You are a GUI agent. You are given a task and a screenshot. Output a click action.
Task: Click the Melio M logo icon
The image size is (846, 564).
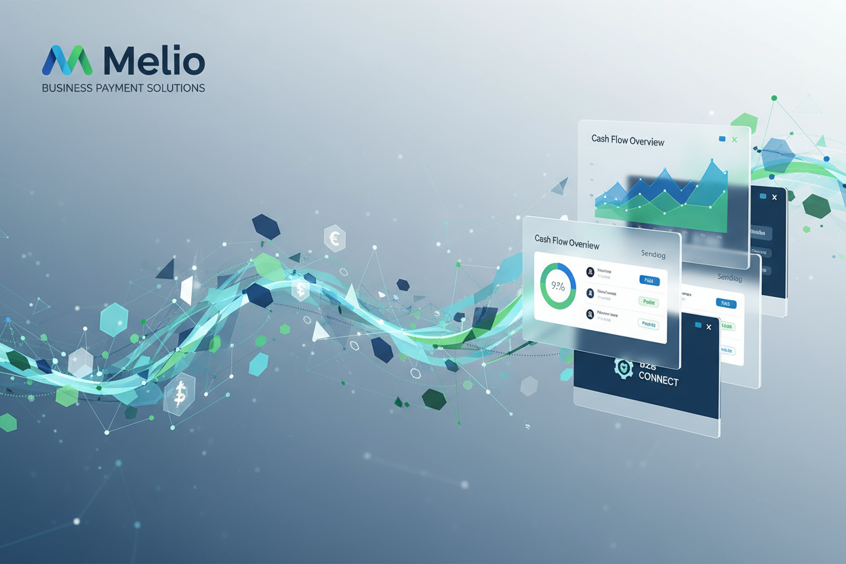point(67,60)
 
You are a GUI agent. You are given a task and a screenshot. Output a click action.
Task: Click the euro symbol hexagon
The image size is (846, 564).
point(334,238)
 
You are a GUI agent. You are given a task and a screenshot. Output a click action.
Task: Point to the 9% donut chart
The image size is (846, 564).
point(557,285)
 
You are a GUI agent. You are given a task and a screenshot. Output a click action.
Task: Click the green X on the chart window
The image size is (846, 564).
point(735,140)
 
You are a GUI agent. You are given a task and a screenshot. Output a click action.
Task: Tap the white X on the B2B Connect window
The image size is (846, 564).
point(709,327)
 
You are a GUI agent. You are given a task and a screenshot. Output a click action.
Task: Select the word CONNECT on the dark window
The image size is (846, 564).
point(658,380)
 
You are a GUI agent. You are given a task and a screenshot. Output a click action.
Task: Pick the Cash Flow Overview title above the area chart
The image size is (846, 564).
point(628,140)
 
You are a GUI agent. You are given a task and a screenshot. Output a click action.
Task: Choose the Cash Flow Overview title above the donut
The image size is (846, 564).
point(567,242)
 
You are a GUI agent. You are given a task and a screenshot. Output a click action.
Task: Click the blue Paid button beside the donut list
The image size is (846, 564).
point(649,279)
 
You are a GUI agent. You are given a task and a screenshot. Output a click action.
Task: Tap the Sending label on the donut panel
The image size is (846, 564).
point(653,254)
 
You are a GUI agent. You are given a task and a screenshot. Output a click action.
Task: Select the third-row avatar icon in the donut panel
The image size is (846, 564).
point(590,314)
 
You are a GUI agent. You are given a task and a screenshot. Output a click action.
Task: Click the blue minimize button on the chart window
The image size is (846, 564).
point(722,139)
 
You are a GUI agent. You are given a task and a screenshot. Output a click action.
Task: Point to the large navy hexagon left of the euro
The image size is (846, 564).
point(266,226)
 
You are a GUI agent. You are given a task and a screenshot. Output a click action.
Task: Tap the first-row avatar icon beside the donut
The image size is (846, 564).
point(590,272)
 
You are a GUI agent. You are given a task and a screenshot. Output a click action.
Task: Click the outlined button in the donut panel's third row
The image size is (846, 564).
point(649,325)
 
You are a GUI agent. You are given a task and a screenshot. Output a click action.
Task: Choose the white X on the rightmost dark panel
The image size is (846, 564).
point(775,197)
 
